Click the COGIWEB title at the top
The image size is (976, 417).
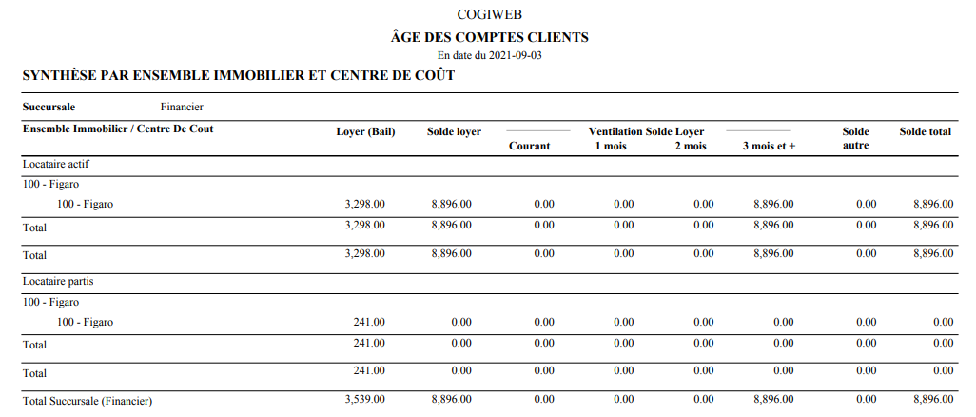point(489,14)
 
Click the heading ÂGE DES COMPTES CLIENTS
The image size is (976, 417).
point(489,37)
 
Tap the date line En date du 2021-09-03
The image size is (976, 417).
point(489,55)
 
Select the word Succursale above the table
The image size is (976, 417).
point(49,107)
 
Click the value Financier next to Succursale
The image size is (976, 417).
point(182,107)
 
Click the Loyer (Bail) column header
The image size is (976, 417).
point(365,131)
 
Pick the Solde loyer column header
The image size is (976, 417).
point(454,131)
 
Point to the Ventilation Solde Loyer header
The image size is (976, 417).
point(647,130)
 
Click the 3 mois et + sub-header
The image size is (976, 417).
point(769,146)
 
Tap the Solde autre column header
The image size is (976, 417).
point(856,138)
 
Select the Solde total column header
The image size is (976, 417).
point(925,131)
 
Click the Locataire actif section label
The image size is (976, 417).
point(56,164)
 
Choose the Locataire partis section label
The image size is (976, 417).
point(58,282)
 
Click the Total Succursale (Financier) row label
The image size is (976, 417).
point(88,401)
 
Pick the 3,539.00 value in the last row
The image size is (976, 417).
point(365,400)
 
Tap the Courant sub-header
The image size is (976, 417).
point(529,146)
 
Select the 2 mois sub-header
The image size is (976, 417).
point(691,146)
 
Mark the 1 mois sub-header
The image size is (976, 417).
point(611,146)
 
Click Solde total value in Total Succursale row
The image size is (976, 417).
point(932,400)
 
